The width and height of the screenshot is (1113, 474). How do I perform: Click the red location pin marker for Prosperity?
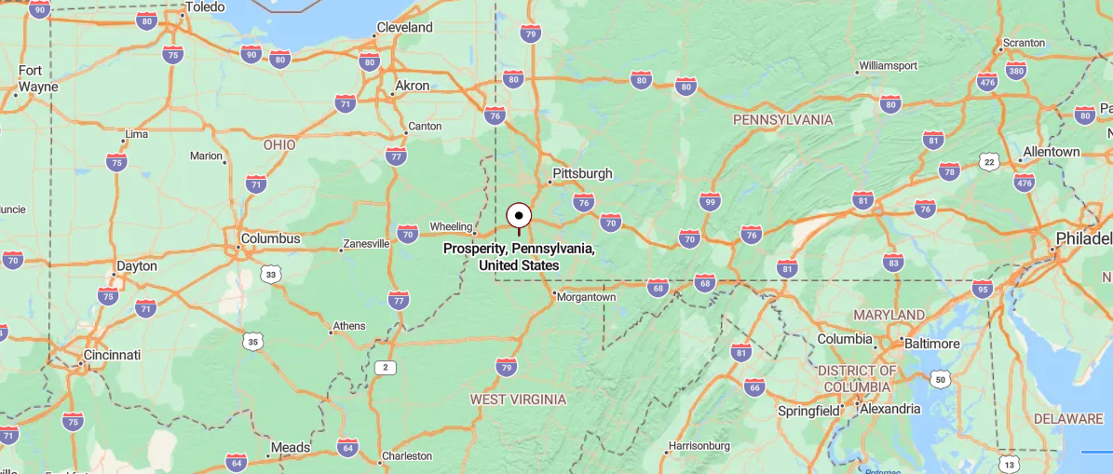[519, 216]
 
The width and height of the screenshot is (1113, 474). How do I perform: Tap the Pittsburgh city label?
[582, 173]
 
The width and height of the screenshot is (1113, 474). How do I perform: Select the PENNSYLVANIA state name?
[782, 120]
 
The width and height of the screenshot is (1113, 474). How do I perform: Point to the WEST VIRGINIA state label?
[518, 400]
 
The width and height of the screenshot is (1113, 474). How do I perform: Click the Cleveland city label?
[404, 28]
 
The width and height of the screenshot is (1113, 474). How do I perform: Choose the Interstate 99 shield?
[710, 201]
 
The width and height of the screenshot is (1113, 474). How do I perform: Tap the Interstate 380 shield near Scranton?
[1016, 71]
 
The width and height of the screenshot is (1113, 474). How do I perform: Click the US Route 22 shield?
[989, 163]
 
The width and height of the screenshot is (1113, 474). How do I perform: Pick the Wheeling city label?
[451, 227]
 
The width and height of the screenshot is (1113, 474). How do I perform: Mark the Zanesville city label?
[366, 244]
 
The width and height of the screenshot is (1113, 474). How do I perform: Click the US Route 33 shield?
[270, 274]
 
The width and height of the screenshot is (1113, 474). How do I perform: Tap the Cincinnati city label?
[112, 355]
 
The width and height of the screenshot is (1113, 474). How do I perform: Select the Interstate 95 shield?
[982, 289]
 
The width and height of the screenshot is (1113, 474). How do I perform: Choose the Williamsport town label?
[888, 66]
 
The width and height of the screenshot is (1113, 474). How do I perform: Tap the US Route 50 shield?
[940, 379]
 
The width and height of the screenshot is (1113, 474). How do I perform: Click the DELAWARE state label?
[1067, 419]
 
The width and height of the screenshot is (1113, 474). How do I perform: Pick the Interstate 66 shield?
[754, 387]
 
